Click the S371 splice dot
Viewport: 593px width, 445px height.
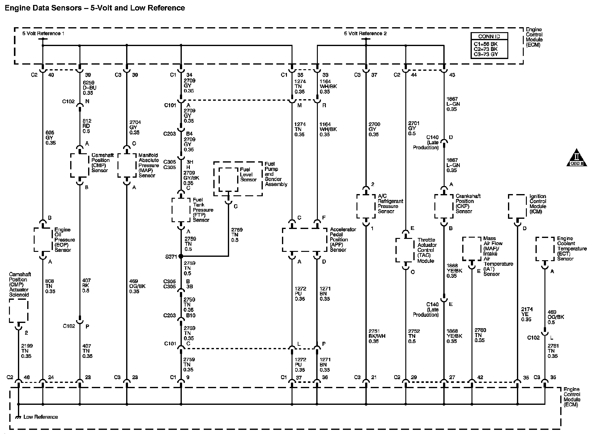click(x=181, y=256)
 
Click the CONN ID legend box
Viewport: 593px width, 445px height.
click(x=489, y=46)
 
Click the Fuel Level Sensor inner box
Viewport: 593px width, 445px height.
click(x=228, y=180)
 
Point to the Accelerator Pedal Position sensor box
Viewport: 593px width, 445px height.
click(x=305, y=240)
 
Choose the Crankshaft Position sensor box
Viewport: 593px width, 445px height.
click(x=444, y=206)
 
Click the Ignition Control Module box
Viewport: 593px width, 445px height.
click(x=517, y=206)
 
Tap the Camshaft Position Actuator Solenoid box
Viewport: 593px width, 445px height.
click(x=19, y=311)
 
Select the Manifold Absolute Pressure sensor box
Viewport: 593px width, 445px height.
click(x=127, y=166)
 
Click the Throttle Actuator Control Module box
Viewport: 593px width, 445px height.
click(x=405, y=250)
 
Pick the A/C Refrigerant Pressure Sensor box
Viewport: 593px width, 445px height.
click(x=366, y=206)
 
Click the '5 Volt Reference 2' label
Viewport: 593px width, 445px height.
click(x=365, y=33)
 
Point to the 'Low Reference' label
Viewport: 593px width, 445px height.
click(x=41, y=417)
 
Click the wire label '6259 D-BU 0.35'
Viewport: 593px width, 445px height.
click(x=90, y=87)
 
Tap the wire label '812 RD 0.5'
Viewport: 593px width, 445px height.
click(x=87, y=126)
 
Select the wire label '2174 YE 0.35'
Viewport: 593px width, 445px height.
click(x=527, y=314)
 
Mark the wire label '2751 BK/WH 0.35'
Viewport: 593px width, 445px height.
click(x=377, y=336)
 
